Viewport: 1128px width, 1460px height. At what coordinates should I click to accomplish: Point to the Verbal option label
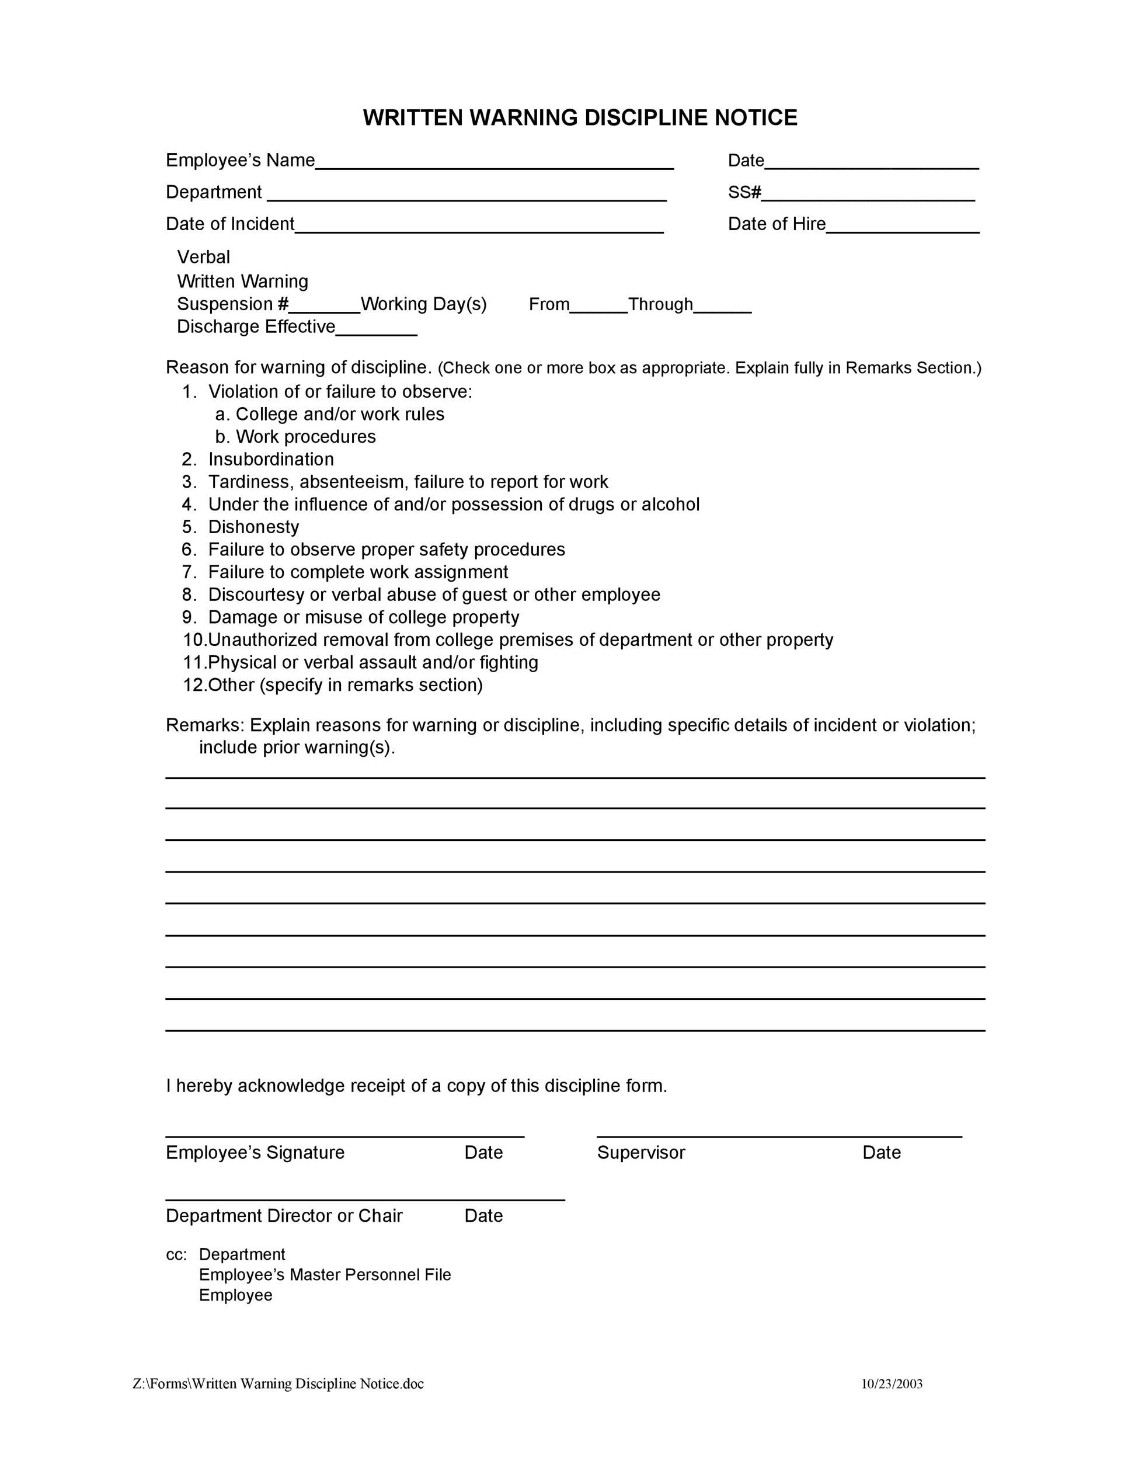pos(203,258)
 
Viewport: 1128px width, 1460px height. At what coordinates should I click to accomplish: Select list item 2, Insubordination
pos(271,459)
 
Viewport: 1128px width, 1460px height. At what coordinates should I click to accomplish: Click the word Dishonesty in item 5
pos(253,527)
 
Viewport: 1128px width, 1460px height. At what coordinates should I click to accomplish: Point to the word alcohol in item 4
pos(670,504)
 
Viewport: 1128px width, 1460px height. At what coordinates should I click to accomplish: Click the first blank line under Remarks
pos(575,777)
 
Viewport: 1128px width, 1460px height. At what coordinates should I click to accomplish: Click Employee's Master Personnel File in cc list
pos(325,1275)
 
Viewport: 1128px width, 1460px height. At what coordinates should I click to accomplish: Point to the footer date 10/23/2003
pos(892,1384)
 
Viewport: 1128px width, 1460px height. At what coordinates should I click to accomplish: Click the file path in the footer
pos(278,1384)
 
